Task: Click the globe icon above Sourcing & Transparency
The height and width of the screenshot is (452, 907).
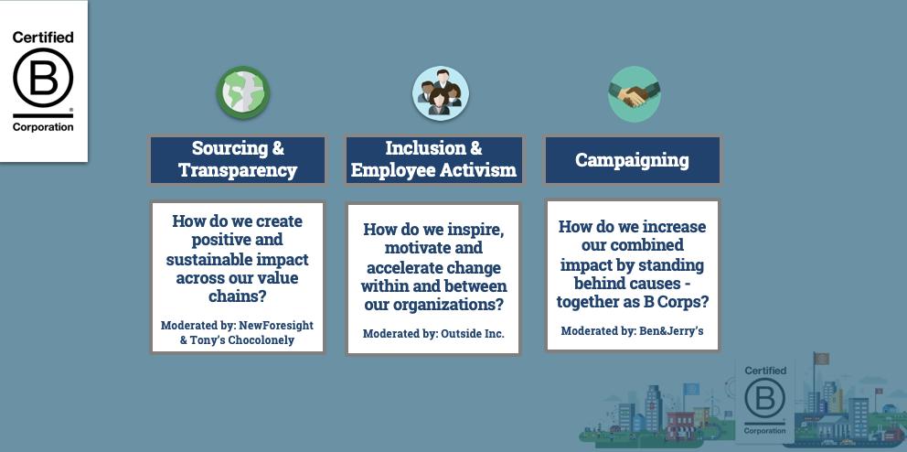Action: point(243,92)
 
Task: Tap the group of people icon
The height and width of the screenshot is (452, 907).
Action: point(440,93)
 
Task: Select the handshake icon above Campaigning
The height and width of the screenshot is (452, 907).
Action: point(634,94)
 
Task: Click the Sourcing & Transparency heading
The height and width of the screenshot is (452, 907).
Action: point(238,159)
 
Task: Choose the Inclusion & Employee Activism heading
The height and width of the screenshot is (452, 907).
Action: point(433,159)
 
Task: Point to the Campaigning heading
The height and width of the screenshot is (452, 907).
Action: point(632,160)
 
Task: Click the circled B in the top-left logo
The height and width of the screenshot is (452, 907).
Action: point(43,79)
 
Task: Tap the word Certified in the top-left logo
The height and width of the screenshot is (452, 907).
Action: point(43,38)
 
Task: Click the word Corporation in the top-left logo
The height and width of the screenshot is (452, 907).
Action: point(43,127)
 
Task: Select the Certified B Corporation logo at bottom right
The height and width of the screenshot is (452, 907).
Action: point(764,400)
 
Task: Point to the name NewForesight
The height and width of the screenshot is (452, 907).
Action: point(275,326)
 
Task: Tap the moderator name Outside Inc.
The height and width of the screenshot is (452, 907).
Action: point(473,334)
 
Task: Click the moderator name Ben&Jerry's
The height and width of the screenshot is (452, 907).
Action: point(671,331)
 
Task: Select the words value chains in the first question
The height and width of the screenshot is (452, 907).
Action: point(247,287)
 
